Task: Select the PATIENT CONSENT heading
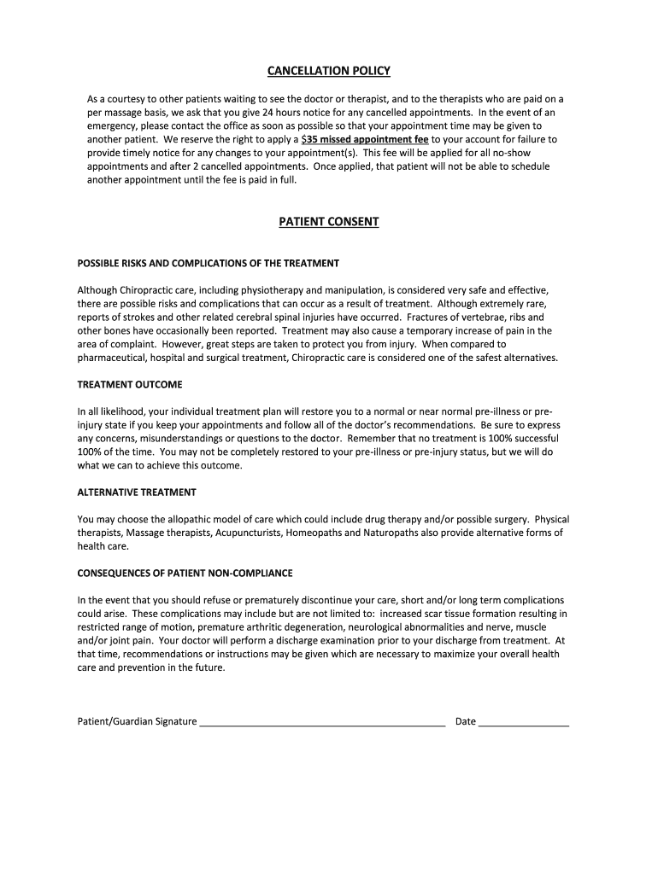click(x=329, y=222)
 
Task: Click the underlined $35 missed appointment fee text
click(x=366, y=139)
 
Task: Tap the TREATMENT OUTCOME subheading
click(x=130, y=385)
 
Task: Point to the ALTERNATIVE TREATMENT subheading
click(x=137, y=492)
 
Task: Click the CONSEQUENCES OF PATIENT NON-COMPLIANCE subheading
click(x=185, y=573)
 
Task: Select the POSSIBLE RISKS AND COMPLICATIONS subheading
click(x=209, y=263)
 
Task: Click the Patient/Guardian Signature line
click(x=322, y=723)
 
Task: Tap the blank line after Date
click(x=524, y=723)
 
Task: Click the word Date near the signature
click(x=466, y=721)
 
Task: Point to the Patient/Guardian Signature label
click(x=137, y=721)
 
